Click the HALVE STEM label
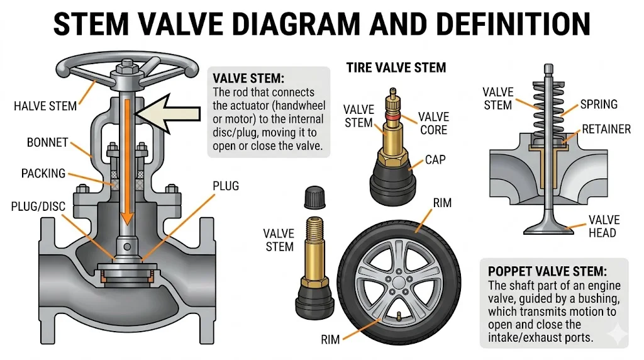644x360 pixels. [x=45, y=106]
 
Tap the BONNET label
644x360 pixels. [x=47, y=143]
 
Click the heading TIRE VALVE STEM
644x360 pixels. [x=396, y=67]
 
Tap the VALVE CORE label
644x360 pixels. [x=433, y=123]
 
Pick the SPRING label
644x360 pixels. [x=598, y=104]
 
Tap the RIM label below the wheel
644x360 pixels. [x=330, y=339]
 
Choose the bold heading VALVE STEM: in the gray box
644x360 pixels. [x=249, y=79]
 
